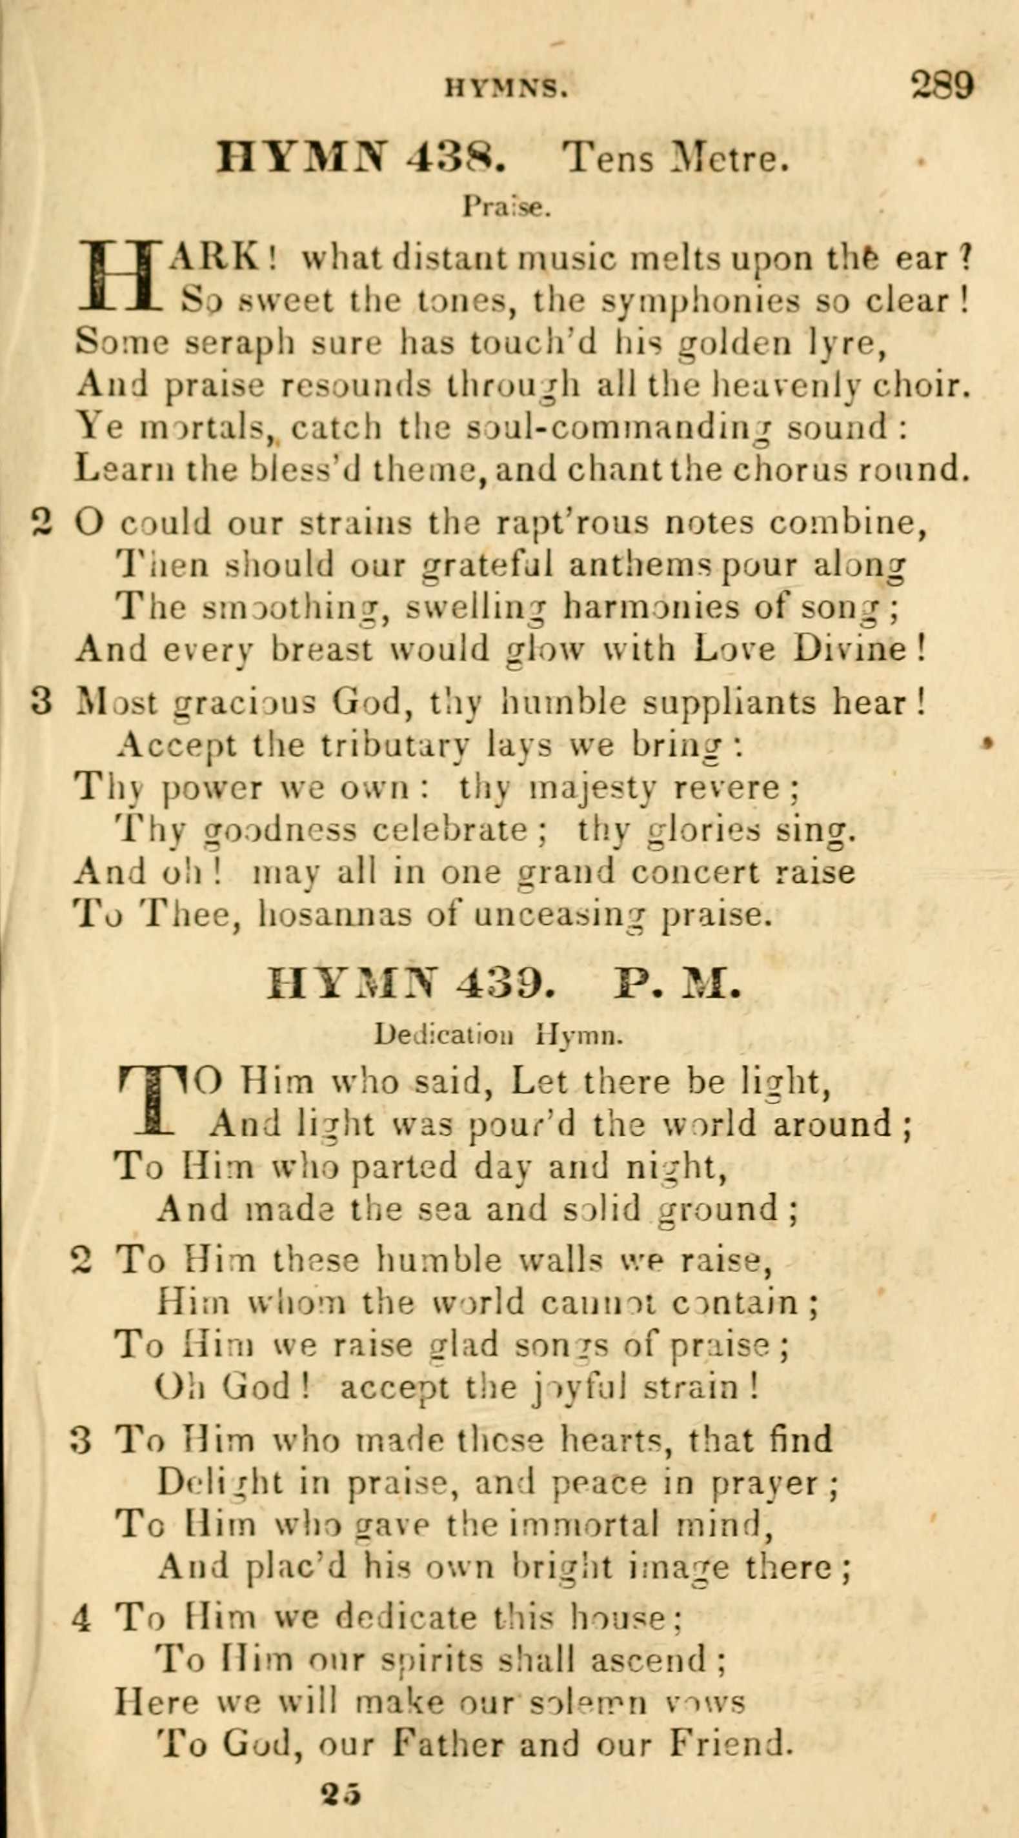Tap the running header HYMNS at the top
pyautogui.click(x=507, y=88)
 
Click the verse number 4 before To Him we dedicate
pyautogui.click(x=81, y=1596)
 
